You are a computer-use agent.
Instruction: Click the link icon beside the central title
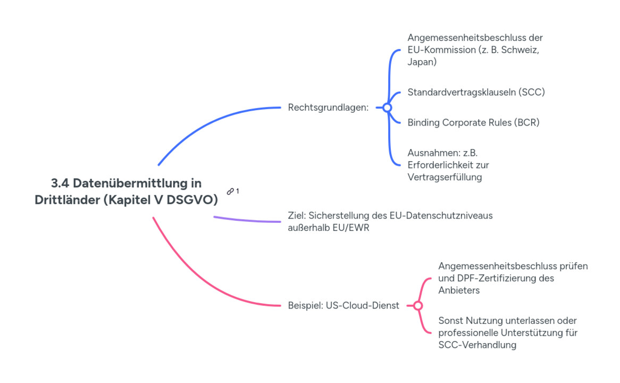coord(230,191)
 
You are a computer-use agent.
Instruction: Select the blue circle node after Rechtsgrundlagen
coord(387,107)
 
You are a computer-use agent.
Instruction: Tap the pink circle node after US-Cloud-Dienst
coord(418,306)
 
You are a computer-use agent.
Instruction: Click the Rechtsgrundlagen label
coord(328,107)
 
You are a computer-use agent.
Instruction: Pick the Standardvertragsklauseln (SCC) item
coord(476,92)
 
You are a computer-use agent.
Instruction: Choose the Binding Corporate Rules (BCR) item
coord(473,122)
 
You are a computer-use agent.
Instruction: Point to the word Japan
coord(421,62)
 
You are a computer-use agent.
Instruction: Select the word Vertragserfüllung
coord(445,177)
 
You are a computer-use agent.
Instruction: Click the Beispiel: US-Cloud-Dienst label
coord(343,306)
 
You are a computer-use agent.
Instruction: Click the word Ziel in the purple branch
coord(296,216)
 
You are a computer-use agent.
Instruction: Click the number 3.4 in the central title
coord(60,184)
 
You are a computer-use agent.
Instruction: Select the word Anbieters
coord(459,290)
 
